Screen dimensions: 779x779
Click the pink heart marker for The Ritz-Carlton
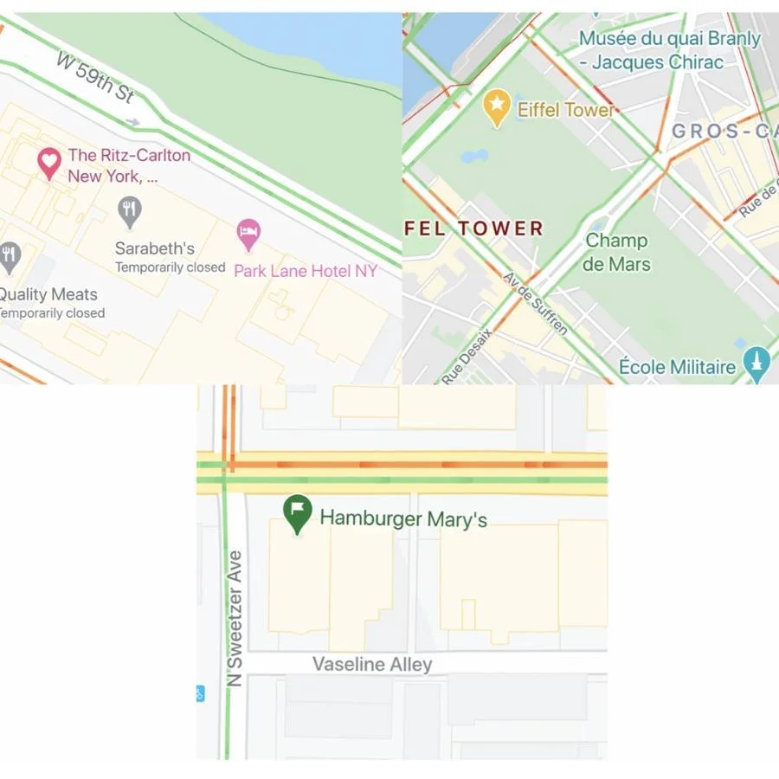pyautogui.click(x=49, y=162)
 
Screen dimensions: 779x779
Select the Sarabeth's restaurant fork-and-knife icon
pyautogui.click(x=130, y=210)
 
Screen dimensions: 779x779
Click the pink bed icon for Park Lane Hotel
pyautogui.click(x=249, y=232)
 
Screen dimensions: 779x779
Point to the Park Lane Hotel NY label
pyautogui.click(x=306, y=271)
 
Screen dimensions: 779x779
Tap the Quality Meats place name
pyautogui.click(x=48, y=294)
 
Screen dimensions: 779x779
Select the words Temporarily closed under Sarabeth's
pyautogui.click(x=170, y=267)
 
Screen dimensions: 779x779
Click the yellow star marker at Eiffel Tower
pyautogui.click(x=497, y=107)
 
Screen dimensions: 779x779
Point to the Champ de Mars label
pyautogui.click(x=616, y=252)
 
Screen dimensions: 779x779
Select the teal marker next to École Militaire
pyautogui.click(x=757, y=364)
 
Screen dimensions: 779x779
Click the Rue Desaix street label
pyautogui.click(x=467, y=356)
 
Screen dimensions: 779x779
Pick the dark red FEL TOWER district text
pyautogui.click(x=473, y=229)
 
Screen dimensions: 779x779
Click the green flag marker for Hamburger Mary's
pyautogui.click(x=297, y=513)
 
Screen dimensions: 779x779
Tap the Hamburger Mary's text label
pyautogui.click(x=403, y=518)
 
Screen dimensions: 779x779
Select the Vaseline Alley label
pyautogui.click(x=372, y=665)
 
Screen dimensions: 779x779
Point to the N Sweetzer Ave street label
pyautogui.click(x=234, y=619)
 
